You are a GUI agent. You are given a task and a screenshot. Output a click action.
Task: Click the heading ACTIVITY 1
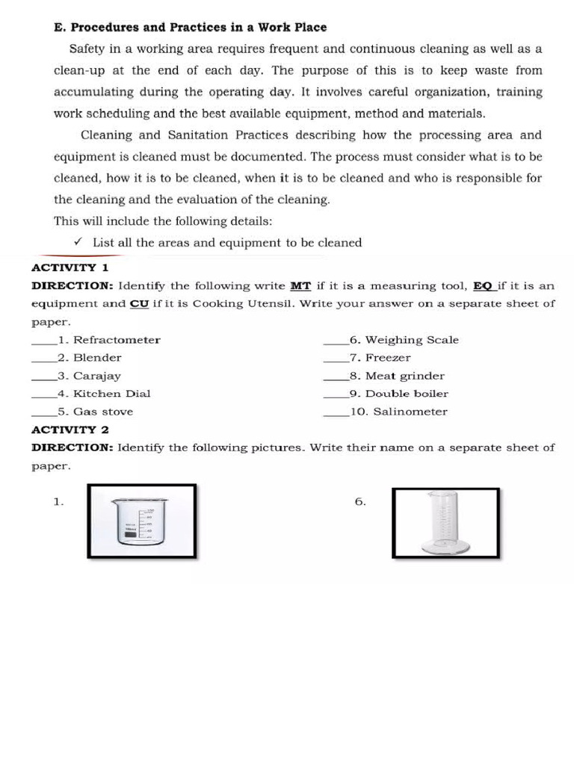(x=70, y=267)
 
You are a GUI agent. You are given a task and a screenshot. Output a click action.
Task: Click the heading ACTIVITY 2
(x=70, y=430)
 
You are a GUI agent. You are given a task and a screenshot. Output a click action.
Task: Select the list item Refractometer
(x=117, y=340)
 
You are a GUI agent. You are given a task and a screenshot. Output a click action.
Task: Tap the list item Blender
(x=97, y=358)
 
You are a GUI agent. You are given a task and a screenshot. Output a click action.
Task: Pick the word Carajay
(x=97, y=376)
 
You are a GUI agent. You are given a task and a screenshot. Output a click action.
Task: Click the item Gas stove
(x=103, y=412)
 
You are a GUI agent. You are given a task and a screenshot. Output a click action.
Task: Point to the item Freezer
(x=388, y=358)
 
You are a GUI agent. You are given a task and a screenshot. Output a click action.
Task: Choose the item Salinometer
(x=410, y=412)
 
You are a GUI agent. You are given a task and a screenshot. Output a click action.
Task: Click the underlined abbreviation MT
(x=300, y=286)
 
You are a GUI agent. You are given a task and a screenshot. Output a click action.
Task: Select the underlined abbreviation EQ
(x=484, y=286)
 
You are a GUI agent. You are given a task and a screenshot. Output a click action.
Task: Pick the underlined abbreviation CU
(x=139, y=304)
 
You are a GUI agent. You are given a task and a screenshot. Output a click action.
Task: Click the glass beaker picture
(x=141, y=522)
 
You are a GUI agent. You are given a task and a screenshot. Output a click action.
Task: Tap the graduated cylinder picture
(x=445, y=523)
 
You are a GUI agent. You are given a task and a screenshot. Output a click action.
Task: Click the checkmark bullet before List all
(x=78, y=242)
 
